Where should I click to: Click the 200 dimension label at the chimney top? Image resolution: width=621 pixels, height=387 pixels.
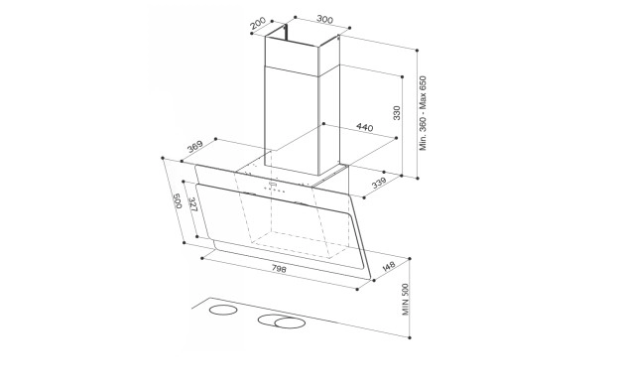258,24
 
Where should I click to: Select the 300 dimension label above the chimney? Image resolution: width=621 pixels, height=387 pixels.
324,19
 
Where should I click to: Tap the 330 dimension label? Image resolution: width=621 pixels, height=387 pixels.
397,113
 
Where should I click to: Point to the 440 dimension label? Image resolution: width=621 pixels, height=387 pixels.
364,127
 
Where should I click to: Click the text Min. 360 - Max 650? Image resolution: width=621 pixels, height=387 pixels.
423,113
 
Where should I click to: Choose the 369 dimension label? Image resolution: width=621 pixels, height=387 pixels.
195,146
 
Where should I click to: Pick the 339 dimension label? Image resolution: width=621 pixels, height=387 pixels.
379,184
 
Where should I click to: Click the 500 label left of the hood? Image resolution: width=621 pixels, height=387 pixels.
177,200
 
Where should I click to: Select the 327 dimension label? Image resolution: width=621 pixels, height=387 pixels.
192,204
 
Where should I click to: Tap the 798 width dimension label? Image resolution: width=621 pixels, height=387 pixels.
279,269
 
